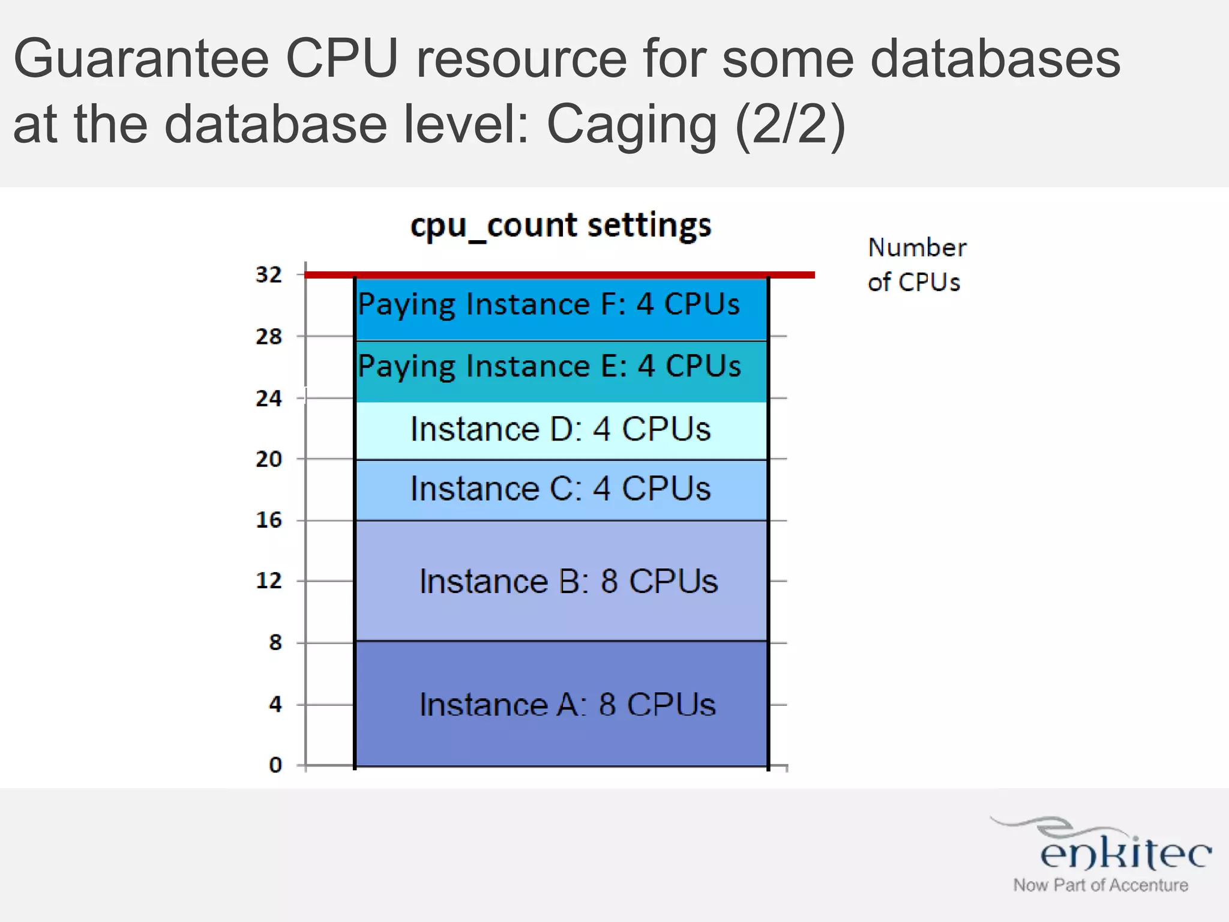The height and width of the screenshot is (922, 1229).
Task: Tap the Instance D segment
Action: point(561,430)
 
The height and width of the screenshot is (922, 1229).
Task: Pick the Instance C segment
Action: point(561,489)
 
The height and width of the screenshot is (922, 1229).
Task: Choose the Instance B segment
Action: point(561,581)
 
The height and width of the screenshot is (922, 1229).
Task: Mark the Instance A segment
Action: point(561,704)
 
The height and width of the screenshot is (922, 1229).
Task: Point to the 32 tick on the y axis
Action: point(268,275)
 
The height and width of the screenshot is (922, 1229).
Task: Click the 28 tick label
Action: point(268,337)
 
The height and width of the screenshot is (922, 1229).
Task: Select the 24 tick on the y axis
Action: point(268,398)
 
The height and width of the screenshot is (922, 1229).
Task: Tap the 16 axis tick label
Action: point(268,520)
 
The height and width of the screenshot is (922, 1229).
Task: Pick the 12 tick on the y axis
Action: point(268,580)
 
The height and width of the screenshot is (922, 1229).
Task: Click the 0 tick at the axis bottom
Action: point(275,765)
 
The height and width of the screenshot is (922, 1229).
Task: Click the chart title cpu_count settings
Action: point(560,226)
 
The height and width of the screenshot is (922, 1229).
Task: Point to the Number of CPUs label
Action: point(916,265)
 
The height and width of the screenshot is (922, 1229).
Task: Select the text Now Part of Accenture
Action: point(1100,885)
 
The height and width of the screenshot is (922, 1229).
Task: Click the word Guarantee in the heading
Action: point(141,58)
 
